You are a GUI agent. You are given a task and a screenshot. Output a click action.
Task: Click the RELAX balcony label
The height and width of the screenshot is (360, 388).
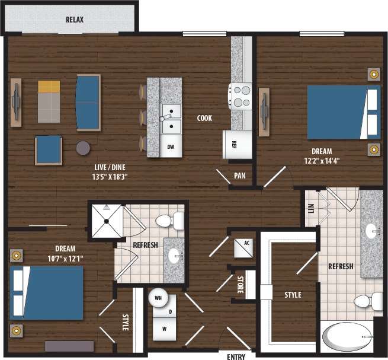coord(75,20)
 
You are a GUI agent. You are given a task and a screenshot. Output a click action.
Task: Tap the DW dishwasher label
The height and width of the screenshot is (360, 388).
coord(171,146)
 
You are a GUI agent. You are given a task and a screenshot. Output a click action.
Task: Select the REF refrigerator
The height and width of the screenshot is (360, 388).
coord(234,144)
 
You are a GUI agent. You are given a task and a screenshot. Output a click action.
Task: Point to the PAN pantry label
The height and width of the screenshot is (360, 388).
coord(240,176)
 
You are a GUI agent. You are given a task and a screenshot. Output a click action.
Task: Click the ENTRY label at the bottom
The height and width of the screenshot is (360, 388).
coord(236,356)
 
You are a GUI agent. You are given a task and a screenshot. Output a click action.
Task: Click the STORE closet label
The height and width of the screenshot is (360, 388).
coord(241,285)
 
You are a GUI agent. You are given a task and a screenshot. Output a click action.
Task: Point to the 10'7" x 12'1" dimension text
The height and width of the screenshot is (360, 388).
coord(65,258)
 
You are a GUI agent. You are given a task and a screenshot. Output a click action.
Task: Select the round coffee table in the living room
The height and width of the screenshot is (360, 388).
coord(84,148)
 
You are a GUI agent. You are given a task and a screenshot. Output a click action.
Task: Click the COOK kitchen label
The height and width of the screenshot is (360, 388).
coord(205,118)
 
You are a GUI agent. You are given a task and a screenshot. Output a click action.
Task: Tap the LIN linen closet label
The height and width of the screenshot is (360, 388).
coord(311,209)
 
